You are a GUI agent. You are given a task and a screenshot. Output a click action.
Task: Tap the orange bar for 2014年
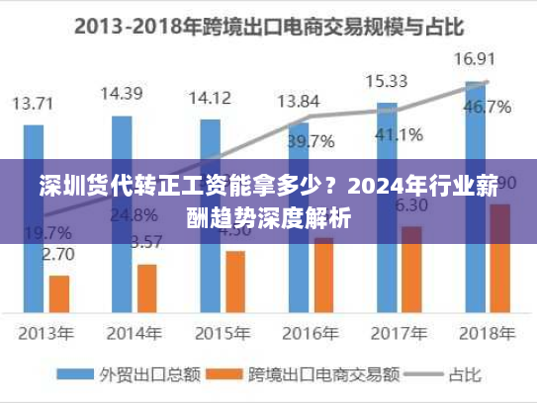pos(147,286)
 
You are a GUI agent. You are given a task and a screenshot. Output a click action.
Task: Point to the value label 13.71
pos(34,102)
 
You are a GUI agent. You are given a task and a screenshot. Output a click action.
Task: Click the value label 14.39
pos(122,94)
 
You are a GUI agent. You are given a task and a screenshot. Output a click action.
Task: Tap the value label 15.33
pos(386,80)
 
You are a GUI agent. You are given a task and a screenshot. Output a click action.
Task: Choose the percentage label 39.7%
pos(310,142)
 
